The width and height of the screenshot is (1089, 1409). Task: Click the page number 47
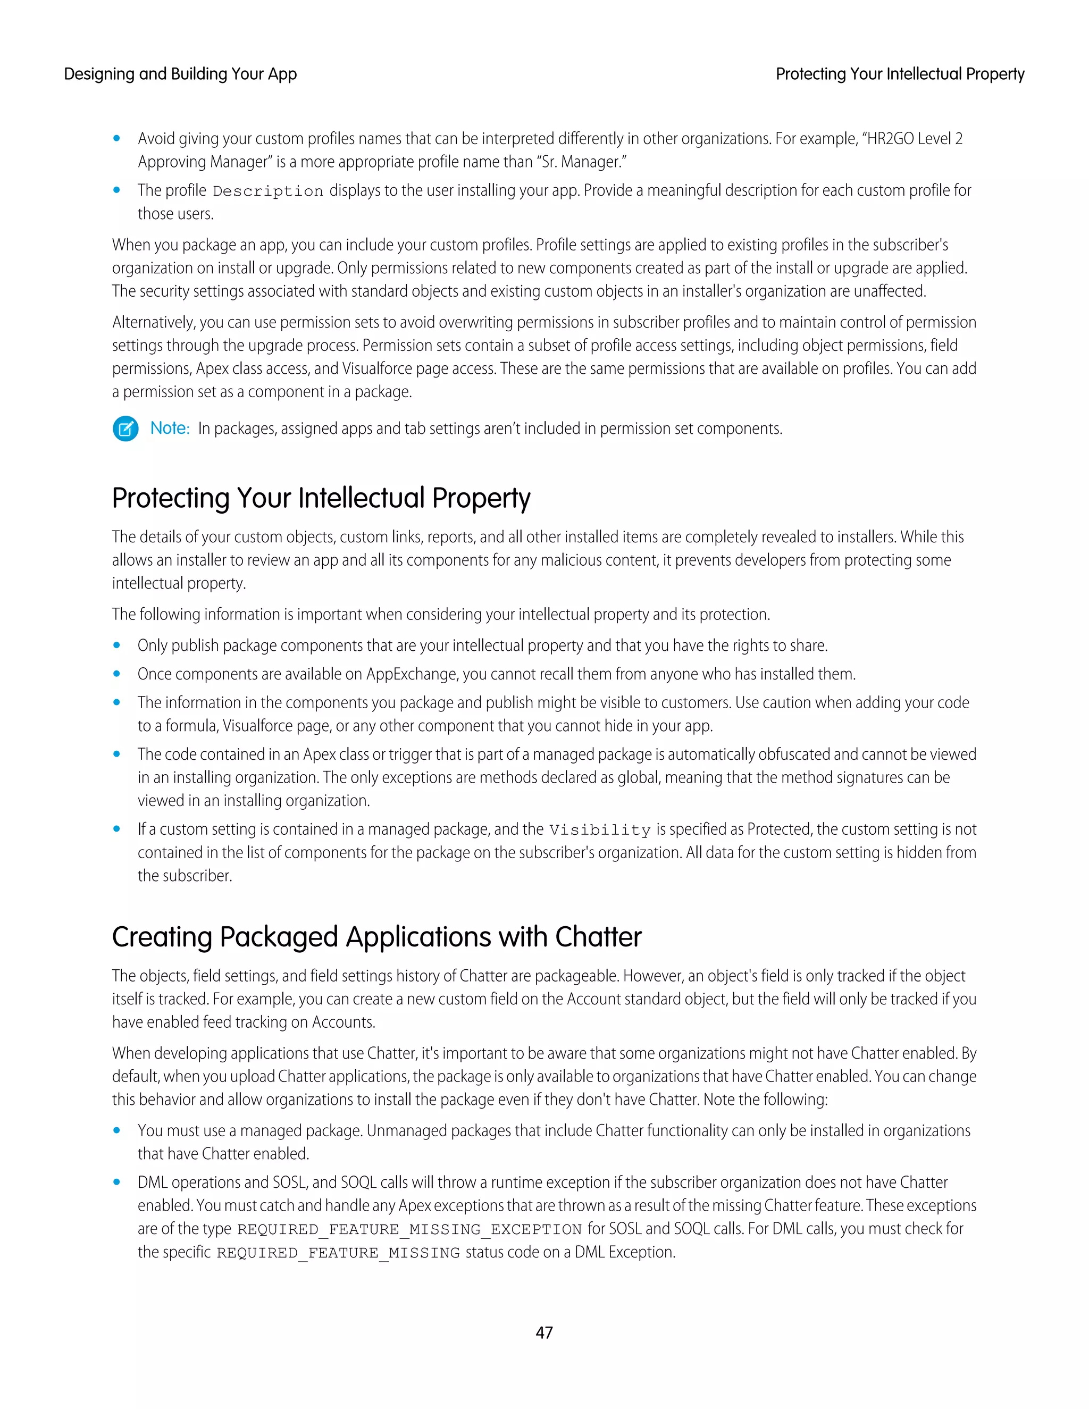pyautogui.click(x=544, y=1332)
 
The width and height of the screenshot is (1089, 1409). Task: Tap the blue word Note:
pyautogui.click(x=170, y=429)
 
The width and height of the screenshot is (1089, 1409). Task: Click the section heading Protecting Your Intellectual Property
pyautogui.click(x=321, y=498)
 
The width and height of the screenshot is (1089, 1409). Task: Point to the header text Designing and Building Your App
pyautogui.click(x=180, y=74)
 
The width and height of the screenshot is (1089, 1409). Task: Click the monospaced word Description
pyautogui.click(x=268, y=191)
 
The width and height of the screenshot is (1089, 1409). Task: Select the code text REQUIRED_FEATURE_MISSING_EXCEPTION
pyautogui.click(x=409, y=1229)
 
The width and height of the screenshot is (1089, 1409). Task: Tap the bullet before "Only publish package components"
pyautogui.click(x=117, y=645)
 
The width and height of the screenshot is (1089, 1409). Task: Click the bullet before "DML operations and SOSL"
pyautogui.click(x=117, y=1182)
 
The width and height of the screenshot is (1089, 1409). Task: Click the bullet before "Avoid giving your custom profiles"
pyautogui.click(x=117, y=138)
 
